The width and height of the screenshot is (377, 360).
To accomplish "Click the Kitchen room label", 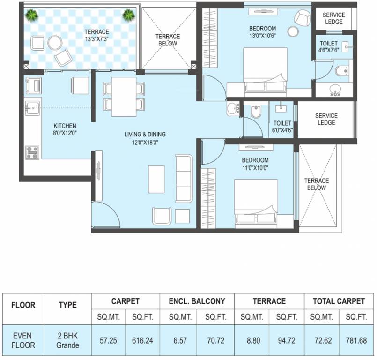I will point(65,126).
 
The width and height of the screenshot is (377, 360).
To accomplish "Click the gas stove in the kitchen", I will point(32,152).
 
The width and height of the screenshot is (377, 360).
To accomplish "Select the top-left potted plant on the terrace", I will point(31,16).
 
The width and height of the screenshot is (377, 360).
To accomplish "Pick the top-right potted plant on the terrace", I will point(128,16).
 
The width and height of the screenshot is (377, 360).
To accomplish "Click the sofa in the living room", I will point(184,179).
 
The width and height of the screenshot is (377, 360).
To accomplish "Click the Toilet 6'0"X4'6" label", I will point(282,127).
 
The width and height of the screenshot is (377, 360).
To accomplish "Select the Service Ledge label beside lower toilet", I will point(326,119).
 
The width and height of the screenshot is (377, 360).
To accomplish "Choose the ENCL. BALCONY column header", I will point(197,301).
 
